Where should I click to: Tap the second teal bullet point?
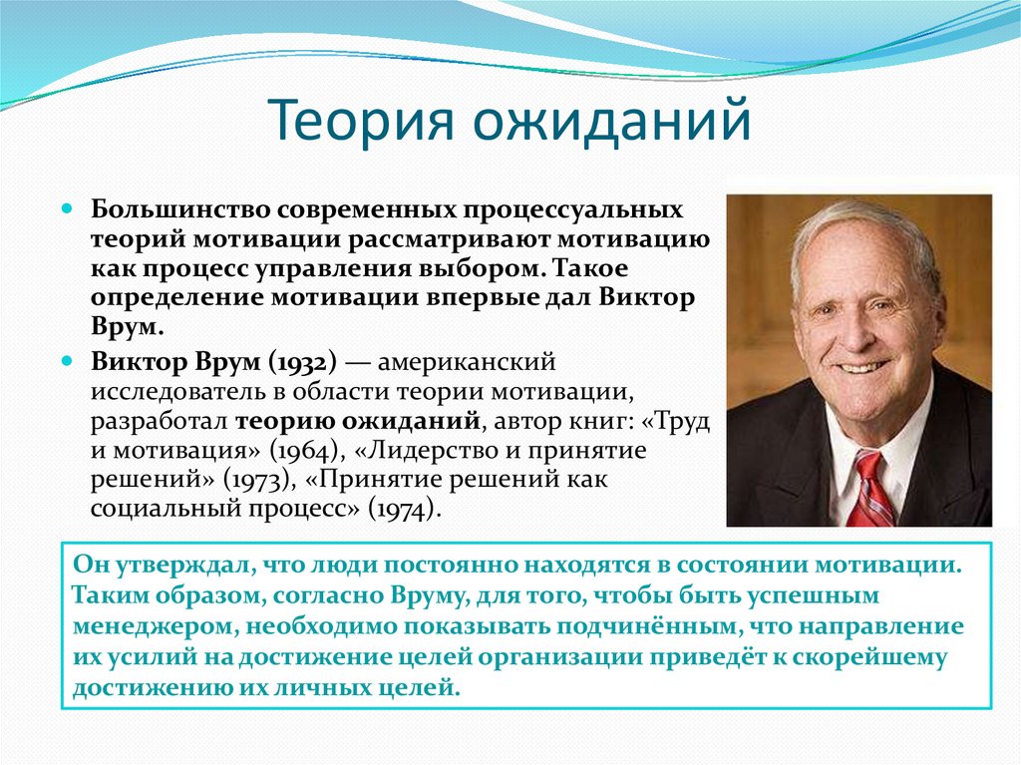tap(69, 360)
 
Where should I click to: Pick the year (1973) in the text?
tap(257, 480)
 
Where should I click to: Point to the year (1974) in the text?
tap(403, 510)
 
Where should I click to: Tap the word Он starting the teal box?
tap(89, 565)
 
